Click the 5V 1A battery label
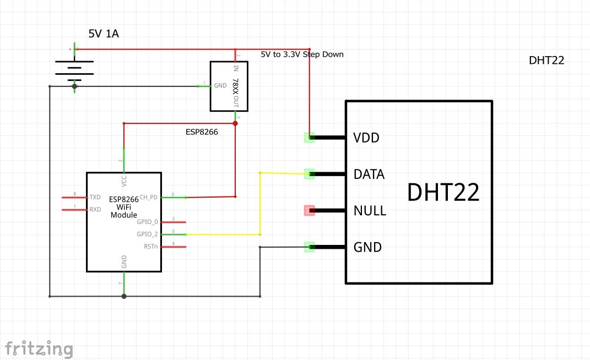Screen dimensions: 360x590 [x=104, y=34]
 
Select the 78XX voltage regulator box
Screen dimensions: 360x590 [x=229, y=86]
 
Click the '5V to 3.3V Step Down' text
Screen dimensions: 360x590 [x=302, y=54]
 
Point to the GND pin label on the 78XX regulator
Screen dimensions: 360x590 [x=220, y=86]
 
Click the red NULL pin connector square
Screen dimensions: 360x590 [x=309, y=210]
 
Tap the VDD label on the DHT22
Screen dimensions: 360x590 [x=366, y=138]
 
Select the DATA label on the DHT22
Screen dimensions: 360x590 [x=369, y=174]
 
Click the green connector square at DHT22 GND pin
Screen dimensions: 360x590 [x=309, y=247]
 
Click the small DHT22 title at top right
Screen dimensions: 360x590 [x=546, y=61]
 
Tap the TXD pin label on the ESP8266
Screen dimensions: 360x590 [x=95, y=197]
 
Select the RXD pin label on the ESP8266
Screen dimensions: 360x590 [x=95, y=209]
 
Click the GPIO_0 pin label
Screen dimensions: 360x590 [x=147, y=222]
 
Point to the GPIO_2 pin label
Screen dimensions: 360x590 [x=147, y=234]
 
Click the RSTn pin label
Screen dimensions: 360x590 [x=150, y=246]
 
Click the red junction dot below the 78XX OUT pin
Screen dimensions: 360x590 [x=235, y=123]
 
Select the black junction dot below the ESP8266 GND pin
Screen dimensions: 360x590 [x=124, y=296]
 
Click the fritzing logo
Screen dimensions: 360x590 [x=39, y=348]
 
